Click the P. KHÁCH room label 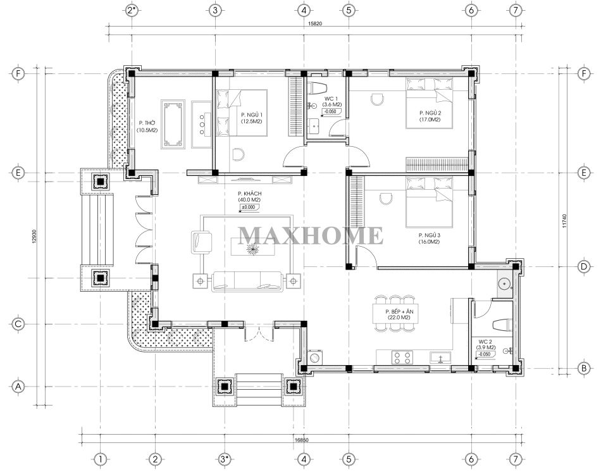tap(249, 194)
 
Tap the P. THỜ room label tap(147, 123)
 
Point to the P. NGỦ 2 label tap(430, 113)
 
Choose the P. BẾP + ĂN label tap(399, 311)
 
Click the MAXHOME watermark tap(311, 235)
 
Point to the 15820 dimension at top tap(315, 23)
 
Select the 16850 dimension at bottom tap(302, 440)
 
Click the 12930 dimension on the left tap(34, 236)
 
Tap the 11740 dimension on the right tap(564, 221)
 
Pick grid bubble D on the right tap(584, 266)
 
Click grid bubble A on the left tap(18, 387)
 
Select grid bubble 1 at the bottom tap(100, 459)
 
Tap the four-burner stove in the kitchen tap(402, 357)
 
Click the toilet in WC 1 tap(317, 88)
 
